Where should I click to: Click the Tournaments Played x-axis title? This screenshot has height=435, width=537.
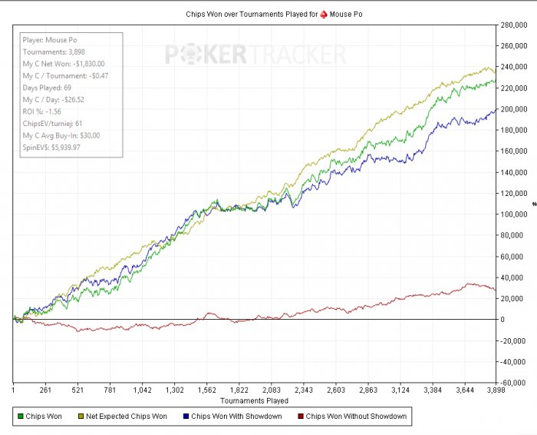[x=254, y=400]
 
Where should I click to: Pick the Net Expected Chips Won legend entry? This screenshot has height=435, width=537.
[x=126, y=417]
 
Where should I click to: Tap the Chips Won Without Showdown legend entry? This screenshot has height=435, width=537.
[x=355, y=417]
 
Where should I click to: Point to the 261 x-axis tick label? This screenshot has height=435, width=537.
[x=46, y=390]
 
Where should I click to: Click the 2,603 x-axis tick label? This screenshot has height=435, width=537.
[x=335, y=390]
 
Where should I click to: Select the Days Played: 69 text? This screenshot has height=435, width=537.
[x=46, y=88]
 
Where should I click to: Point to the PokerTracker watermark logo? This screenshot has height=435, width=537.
[x=256, y=55]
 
